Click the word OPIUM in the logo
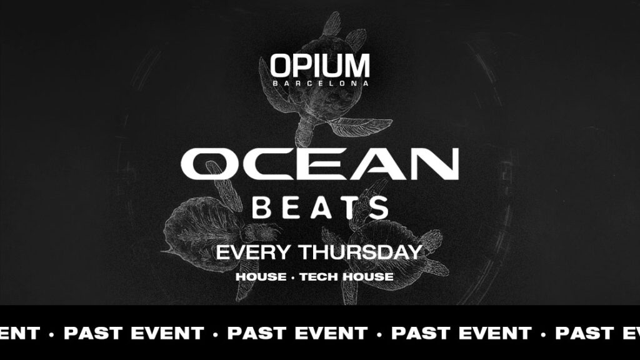click(x=319, y=66)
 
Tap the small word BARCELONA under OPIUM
click(x=319, y=82)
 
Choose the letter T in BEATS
click(x=349, y=207)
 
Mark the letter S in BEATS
click(x=379, y=207)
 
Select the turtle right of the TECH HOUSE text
click(x=406, y=250)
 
